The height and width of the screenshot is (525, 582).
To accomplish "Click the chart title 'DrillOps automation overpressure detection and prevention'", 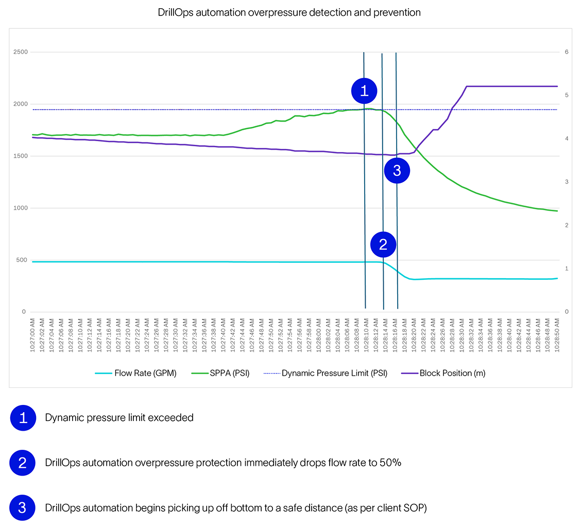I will pyautogui.click(x=289, y=12).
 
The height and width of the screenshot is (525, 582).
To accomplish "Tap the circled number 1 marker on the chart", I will pyautogui.click(x=365, y=91).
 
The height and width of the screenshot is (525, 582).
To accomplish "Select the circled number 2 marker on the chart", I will pyautogui.click(x=383, y=245).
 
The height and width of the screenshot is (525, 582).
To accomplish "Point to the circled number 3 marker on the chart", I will pyautogui.click(x=397, y=171).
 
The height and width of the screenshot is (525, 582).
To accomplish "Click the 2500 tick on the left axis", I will pyautogui.click(x=21, y=52).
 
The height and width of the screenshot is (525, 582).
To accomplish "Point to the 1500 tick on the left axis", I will pyautogui.click(x=21, y=156).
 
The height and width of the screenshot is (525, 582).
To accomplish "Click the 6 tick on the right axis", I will pyautogui.click(x=567, y=52).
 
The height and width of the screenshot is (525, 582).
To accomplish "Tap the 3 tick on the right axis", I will pyautogui.click(x=567, y=182).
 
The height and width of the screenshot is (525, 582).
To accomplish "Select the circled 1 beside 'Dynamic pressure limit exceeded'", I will pyautogui.click(x=23, y=418).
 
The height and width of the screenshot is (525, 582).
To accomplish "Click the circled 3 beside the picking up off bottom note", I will pyautogui.click(x=23, y=507).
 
